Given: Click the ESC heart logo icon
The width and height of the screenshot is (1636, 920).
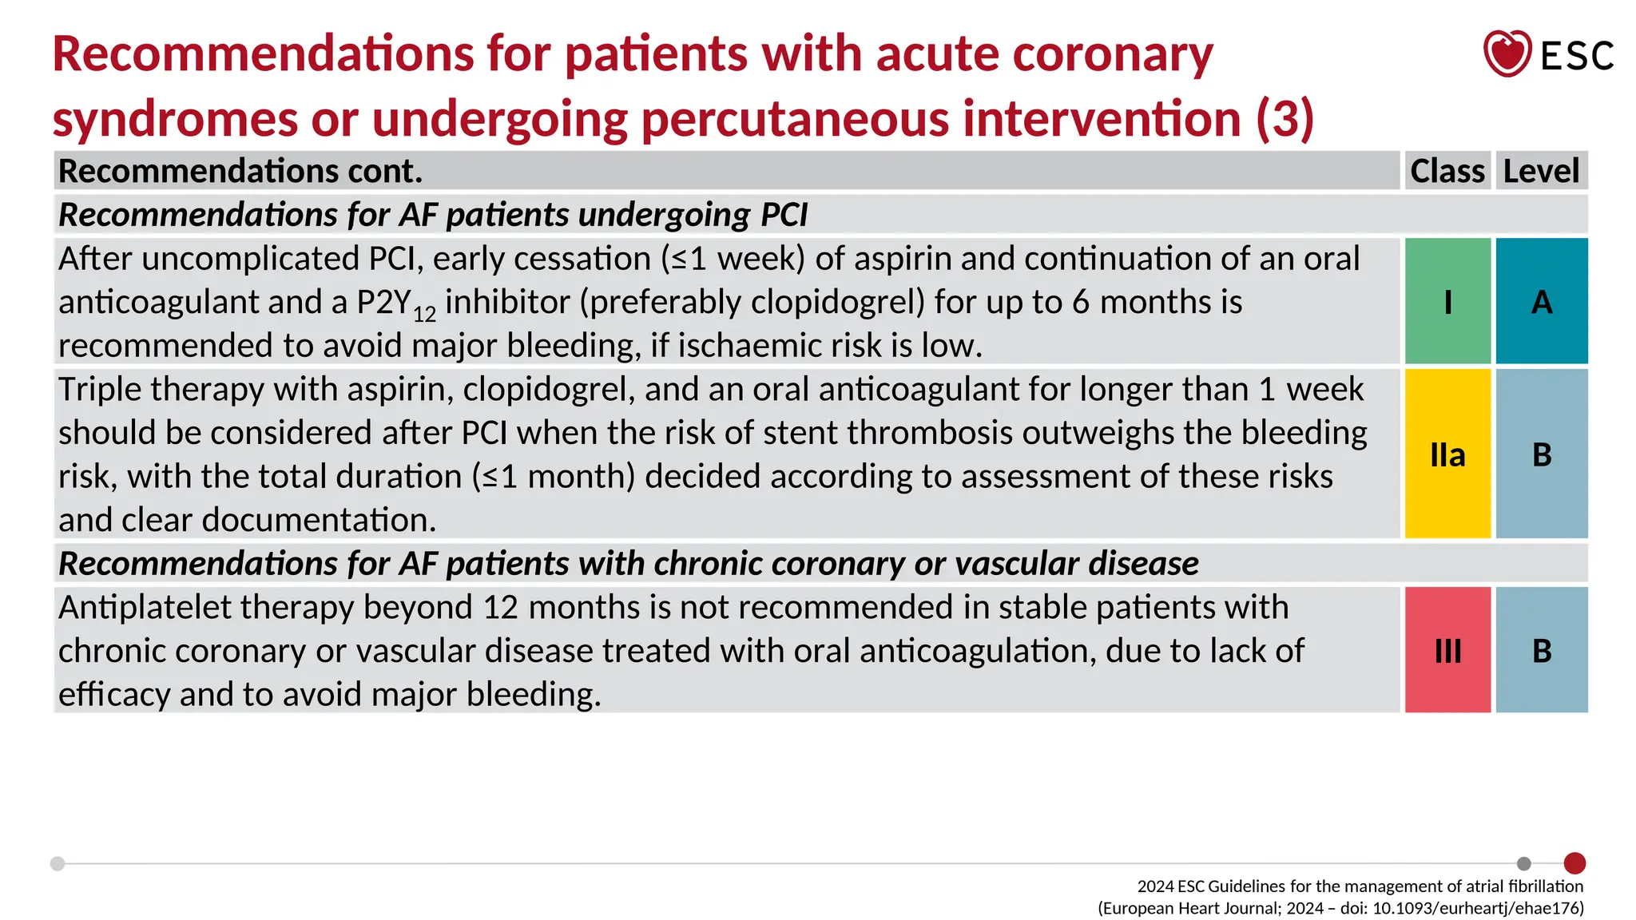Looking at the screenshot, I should [1507, 54].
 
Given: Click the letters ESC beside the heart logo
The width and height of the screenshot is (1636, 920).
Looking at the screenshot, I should [1577, 56].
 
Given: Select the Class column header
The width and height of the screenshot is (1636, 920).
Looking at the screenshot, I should [1447, 171].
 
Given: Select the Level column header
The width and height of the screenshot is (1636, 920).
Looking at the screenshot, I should [1541, 171].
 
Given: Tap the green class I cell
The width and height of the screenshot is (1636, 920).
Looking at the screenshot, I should [1447, 301].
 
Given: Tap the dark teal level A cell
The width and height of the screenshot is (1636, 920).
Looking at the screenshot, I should [1542, 301].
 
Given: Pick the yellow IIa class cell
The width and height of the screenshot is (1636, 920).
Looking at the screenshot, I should [1447, 454].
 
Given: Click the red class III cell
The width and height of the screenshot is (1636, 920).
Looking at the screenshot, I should [1447, 650].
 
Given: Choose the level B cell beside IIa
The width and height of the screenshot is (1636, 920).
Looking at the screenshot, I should [1542, 454].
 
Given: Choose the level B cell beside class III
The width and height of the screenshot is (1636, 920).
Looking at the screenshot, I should [1542, 650].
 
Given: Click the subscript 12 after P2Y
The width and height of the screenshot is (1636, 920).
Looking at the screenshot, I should [424, 314].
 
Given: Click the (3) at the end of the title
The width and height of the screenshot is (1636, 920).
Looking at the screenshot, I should [1285, 118].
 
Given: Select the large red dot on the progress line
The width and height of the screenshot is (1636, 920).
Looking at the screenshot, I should [1574, 863].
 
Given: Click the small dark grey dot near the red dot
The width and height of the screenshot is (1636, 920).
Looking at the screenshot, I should [1524, 863].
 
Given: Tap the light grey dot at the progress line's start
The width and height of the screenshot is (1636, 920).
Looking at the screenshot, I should [58, 863].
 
